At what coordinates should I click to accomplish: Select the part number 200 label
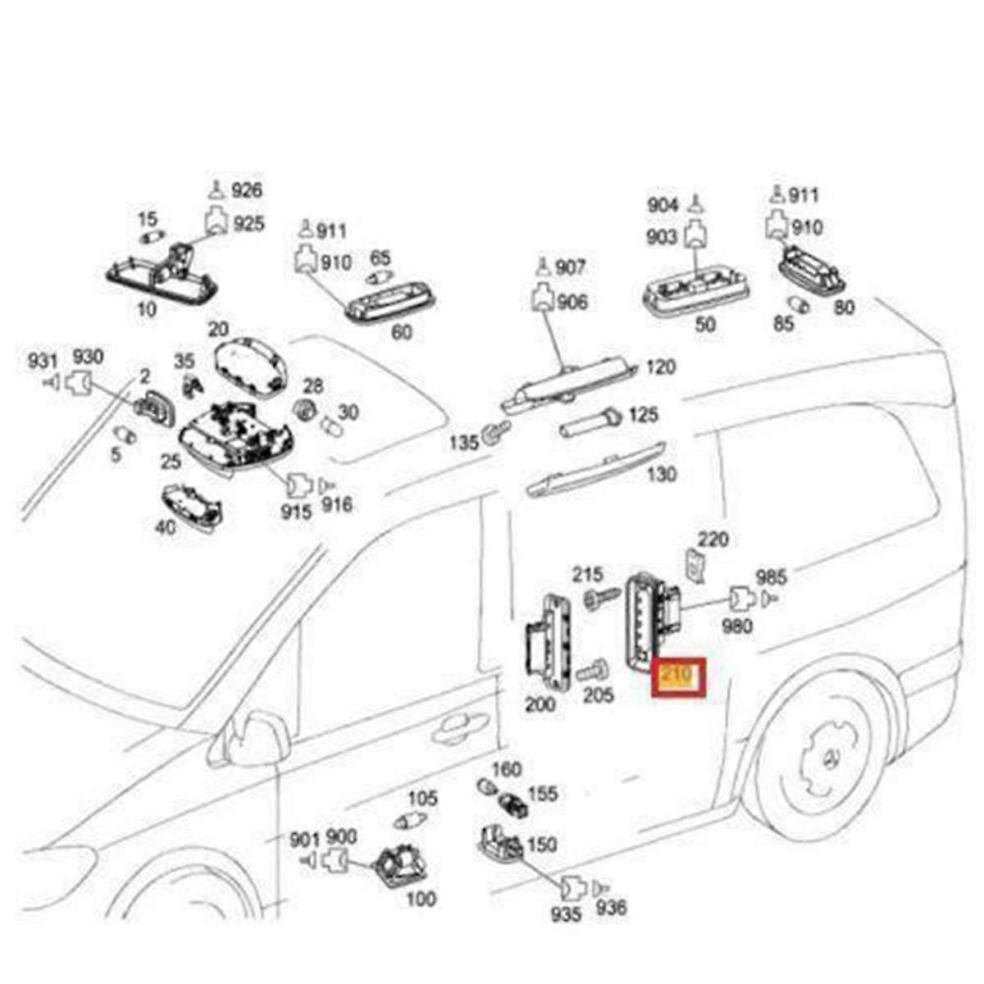[540, 704]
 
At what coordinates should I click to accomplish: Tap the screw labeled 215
[601, 598]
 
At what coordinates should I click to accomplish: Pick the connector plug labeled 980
[741, 599]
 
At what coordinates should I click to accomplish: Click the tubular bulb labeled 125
[588, 426]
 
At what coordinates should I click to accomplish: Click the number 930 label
[88, 358]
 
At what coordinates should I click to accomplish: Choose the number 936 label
[612, 907]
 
